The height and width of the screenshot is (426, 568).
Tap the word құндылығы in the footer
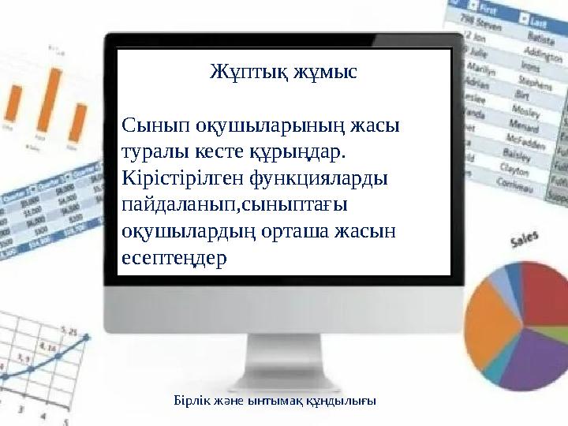click(342, 401)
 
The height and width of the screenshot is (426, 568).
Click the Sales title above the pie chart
click(526, 240)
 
